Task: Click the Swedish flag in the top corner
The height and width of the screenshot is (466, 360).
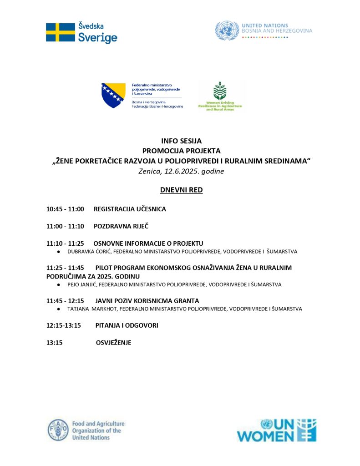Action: click(x=60, y=32)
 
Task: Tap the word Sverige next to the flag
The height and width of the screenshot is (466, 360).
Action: click(x=97, y=38)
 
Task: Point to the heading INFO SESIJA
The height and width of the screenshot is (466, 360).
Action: click(x=181, y=141)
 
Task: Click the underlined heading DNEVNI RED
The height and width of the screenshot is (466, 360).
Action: click(x=181, y=190)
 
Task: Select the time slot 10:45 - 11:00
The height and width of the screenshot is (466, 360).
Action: click(x=65, y=209)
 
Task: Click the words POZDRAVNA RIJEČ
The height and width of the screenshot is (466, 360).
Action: click(x=121, y=226)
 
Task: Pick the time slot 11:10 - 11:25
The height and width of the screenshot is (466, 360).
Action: click(x=65, y=243)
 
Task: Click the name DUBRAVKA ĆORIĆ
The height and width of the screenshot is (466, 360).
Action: click(x=89, y=251)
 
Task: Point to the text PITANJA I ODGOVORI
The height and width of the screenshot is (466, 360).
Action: click(x=127, y=326)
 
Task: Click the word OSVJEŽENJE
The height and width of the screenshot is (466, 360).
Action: click(x=113, y=343)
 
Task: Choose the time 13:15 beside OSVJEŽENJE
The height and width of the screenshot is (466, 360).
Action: click(x=54, y=343)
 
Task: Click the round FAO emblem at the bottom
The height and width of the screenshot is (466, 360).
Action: click(x=59, y=431)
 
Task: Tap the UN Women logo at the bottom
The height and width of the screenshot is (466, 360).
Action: click(x=276, y=431)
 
